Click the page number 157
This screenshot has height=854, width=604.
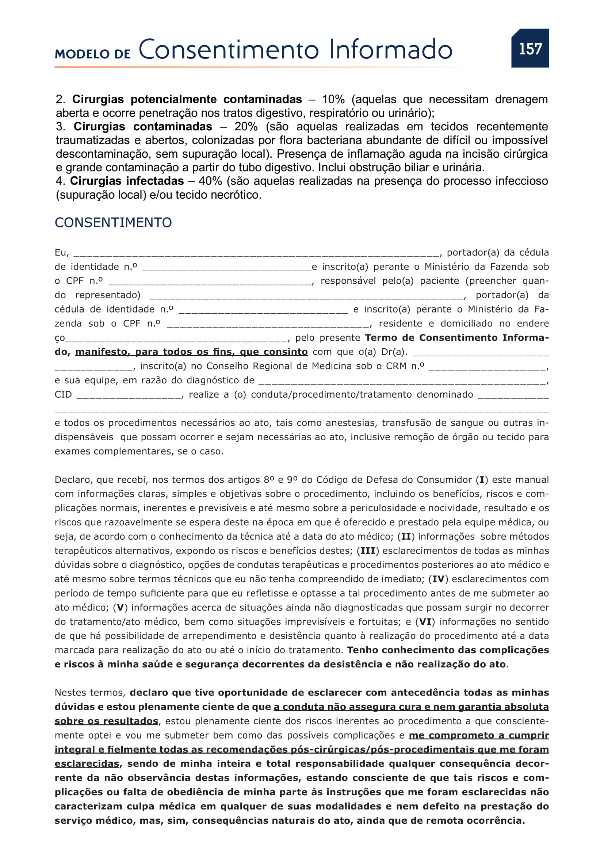[x=530, y=49]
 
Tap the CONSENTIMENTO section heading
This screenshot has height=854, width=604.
[x=113, y=222]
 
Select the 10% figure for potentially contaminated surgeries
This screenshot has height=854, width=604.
[x=333, y=99]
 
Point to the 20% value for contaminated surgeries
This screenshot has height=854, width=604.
[x=246, y=126]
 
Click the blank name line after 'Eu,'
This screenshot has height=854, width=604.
[x=256, y=254]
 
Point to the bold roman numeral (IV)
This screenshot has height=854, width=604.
[x=439, y=579]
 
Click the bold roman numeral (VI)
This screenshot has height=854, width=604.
[x=425, y=622]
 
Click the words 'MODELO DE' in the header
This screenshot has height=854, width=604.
[x=93, y=54]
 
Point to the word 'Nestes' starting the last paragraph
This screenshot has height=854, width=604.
[x=72, y=693]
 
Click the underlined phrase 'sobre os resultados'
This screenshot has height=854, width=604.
[x=106, y=721]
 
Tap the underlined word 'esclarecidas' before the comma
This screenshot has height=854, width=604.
[x=87, y=763]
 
